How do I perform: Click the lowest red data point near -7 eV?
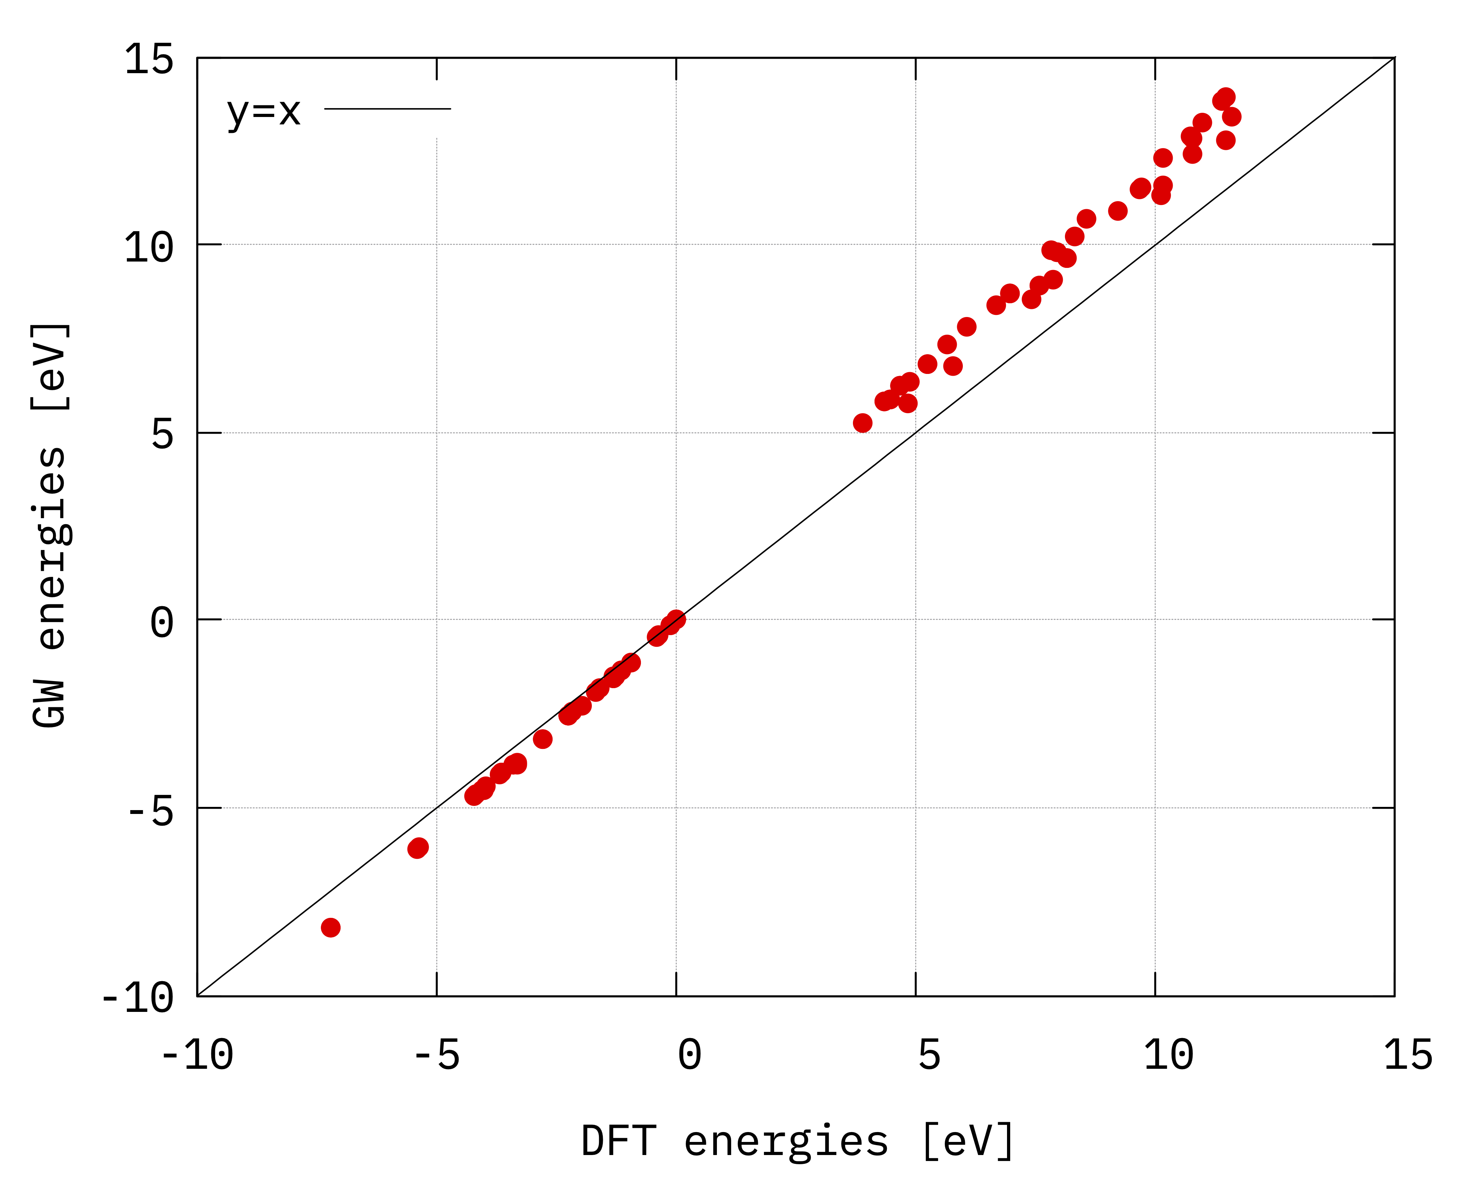point(330,927)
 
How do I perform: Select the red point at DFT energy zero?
point(676,619)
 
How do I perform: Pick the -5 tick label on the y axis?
point(150,810)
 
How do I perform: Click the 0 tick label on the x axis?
point(690,1055)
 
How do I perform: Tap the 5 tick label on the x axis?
point(929,1055)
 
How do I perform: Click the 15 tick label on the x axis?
point(1408,1055)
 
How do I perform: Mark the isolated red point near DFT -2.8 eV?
point(543,739)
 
